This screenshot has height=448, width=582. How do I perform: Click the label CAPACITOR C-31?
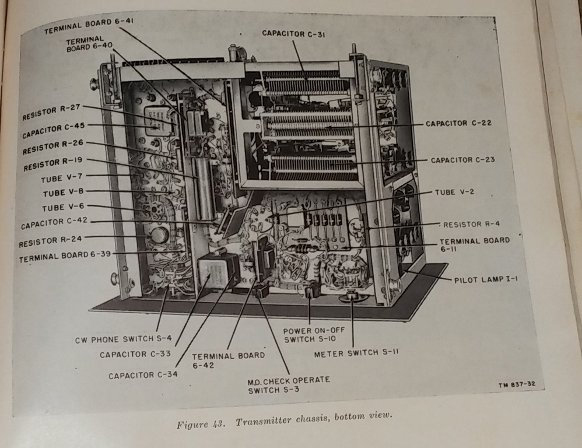294,34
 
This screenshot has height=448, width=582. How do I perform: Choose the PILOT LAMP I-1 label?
486,279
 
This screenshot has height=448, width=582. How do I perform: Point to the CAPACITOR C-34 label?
142,375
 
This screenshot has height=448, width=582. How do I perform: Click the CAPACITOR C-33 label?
134,354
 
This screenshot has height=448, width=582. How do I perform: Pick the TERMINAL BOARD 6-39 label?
65,257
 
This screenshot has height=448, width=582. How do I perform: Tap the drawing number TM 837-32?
513,384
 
